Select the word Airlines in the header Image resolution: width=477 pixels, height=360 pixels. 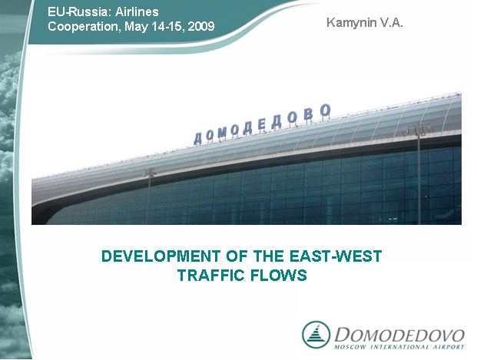coord(137,12)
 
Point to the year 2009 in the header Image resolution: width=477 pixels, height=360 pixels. coord(201,26)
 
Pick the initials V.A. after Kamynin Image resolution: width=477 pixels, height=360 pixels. coord(391,22)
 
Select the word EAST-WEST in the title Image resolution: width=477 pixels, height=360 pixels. coord(336,256)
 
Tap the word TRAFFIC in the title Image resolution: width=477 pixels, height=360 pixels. coord(210,275)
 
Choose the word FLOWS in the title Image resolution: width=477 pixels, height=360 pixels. coord(279,275)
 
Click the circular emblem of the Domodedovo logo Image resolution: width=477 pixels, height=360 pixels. coord(316,335)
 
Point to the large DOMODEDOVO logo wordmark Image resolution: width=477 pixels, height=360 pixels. coord(399,335)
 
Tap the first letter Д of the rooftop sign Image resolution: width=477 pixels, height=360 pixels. coord(198,138)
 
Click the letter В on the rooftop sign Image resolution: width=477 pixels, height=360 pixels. coord(308,114)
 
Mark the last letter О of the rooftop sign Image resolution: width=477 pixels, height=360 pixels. coord(326,111)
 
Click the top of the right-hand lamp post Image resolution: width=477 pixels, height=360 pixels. coord(419,128)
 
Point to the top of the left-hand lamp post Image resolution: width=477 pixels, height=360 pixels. coord(150,172)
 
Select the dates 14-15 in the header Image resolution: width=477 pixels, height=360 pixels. coord(168,26)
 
